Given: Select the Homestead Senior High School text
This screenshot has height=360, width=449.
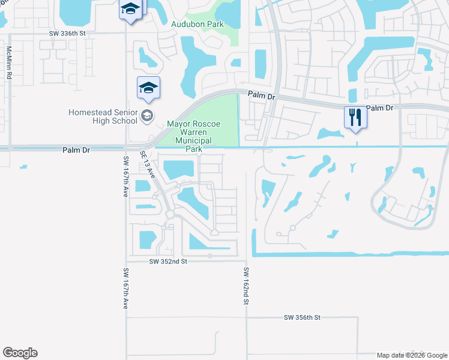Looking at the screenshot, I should (x=103, y=116).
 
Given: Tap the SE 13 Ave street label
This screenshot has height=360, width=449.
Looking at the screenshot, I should (x=148, y=165).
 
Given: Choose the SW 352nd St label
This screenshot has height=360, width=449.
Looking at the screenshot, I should (x=169, y=262).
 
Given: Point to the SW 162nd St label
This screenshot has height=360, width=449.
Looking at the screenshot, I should (x=246, y=287).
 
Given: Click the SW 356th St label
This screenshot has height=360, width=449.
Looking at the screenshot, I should (x=303, y=317).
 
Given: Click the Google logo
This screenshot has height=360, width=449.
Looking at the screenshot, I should (x=20, y=353).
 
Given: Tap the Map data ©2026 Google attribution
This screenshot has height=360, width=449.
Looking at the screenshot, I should (x=412, y=355).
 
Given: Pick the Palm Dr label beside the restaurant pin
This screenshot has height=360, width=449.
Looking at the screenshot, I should (x=379, y=108).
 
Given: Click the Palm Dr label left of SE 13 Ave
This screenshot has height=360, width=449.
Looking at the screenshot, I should (x=76, y=150).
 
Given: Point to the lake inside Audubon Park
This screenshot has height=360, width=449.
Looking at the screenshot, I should (x=227, y=14).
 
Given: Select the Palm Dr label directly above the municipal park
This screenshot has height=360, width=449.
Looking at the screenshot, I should (x=262, y=95).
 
